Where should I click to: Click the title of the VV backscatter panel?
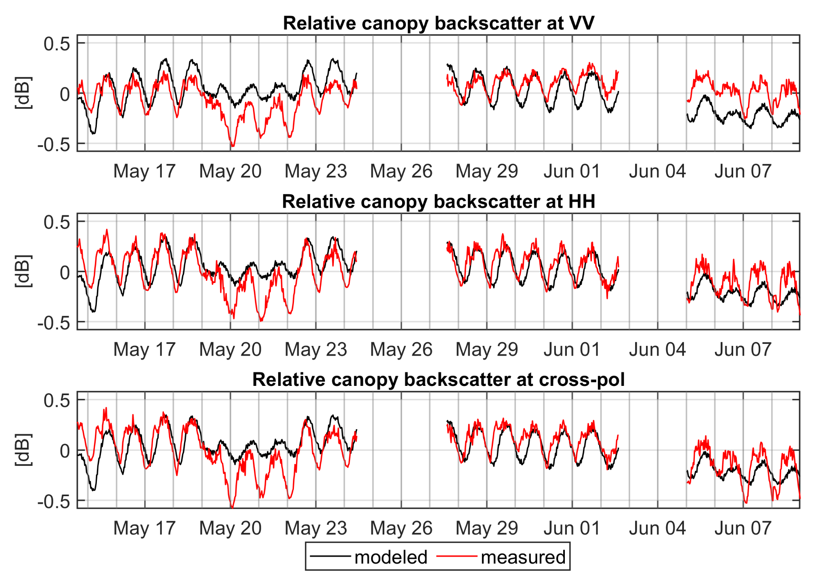coord(438,23)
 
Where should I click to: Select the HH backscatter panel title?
coord(438,201)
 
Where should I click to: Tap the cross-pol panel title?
coord(438,379)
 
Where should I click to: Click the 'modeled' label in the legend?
coord(391,557)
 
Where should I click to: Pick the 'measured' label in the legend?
coord(523,557)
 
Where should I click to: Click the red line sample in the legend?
coord(457,556)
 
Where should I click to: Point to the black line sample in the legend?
coord(330,556)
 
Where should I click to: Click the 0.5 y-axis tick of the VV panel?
coord(57,43)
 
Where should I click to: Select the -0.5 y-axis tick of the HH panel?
coord(54,323)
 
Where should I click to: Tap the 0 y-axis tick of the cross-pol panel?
coord(65,451)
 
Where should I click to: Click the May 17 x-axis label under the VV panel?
coord(145,171)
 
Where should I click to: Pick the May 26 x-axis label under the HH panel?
coord(401,350)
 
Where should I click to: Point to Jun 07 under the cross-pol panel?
coord(743,528)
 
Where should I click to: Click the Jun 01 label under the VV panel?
coord(572,171)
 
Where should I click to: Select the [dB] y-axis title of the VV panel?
coord(23,93)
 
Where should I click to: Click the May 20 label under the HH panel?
coord(231,350)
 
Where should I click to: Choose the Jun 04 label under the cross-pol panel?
coord(657,528)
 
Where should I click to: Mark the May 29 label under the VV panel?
coord(487,171)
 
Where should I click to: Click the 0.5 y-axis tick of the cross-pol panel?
coord(57,400)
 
